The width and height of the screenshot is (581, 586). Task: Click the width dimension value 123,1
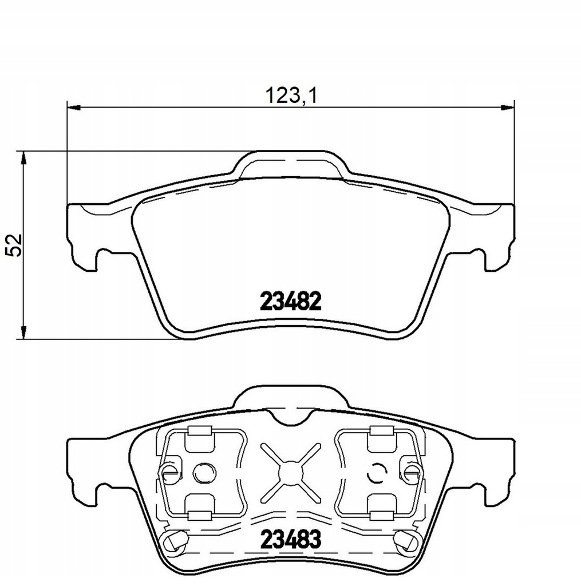[291, 95]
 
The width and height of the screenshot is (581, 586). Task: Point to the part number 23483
[291, 538]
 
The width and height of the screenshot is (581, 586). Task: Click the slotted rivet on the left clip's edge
[168, 472]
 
